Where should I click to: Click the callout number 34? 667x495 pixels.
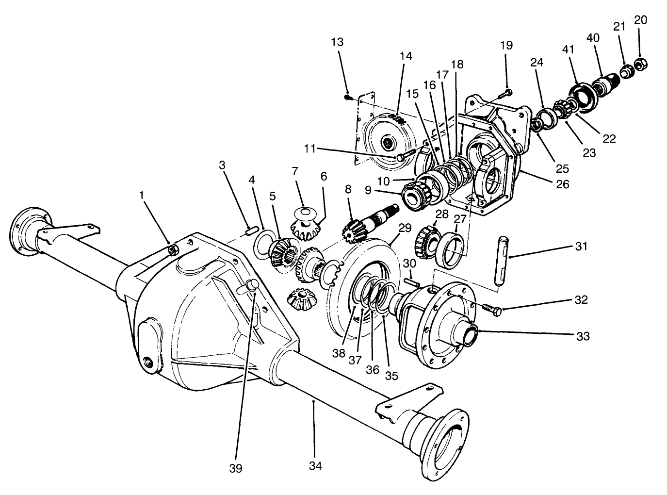pyautogui.click(x=315, y=465)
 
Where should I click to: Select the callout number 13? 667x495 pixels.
pyautogui.click(x=337, y=42)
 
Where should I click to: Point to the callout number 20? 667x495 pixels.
pyautogui.click(x=640, y=20)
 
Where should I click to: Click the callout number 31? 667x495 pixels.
pyautogui.click(x=581, y=247)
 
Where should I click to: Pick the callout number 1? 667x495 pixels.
pyautogui.click(x=142, y=195)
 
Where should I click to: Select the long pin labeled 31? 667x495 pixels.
pyautogui.click(x=502, y=260)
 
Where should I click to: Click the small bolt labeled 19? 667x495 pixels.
pyautogui.click(x=507, y=91)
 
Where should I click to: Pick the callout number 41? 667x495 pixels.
pyautogui.click(x=568, y=49)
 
